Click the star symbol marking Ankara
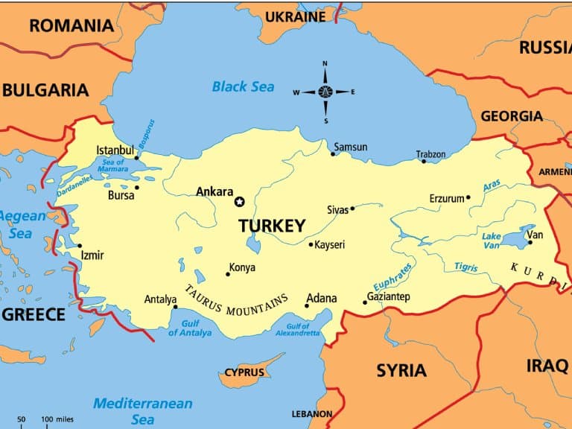coord(239,201)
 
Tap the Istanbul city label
coord(115,150)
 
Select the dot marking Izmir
coord(80,246)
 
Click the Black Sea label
coord(243,87)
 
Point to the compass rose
coord(325,92)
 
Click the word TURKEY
coord(272,226)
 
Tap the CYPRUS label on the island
coord(244,372)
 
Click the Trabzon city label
coord(430,154)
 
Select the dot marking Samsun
coord(333,154)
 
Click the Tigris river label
coord(466,267)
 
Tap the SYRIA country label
coord(401,370)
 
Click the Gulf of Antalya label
coord(189,328)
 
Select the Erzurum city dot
coord(468,198)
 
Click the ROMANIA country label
coord(71,25)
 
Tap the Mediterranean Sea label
coord(142,410)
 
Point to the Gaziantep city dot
coord(365,302)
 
